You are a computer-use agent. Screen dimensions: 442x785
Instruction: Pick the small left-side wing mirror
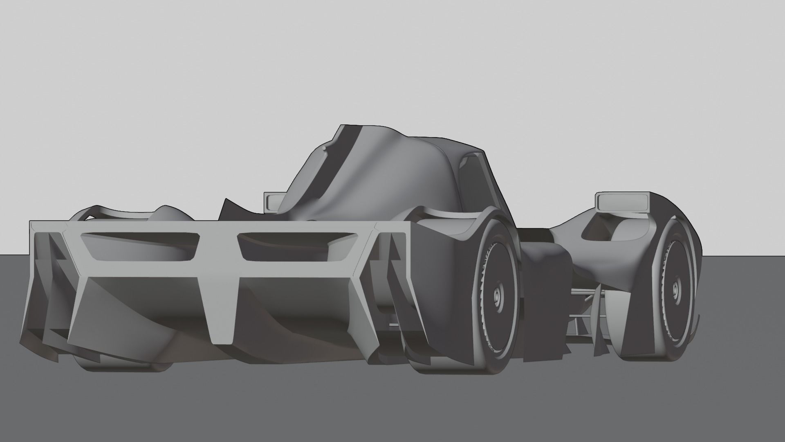pyautogui.click(x=273, y=201)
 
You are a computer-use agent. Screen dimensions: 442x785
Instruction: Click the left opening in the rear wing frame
pyautogui.click(x=139, y=246)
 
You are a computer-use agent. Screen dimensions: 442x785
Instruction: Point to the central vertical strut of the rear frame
pyautogui.click(x=221, y=295)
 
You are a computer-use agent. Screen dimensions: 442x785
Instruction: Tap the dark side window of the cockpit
pyautogui.click(x=470, y=180)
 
